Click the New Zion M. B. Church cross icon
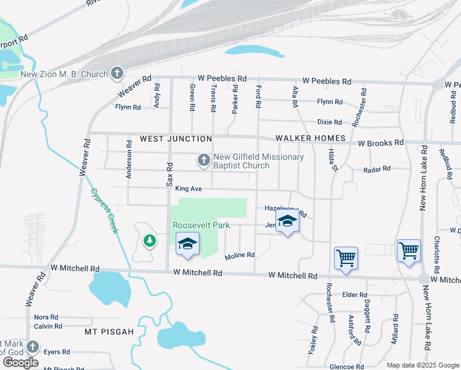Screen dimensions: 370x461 pos(116,74)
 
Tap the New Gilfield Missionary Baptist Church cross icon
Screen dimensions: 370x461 pos(203,160)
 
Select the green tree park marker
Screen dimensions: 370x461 pos(149,240)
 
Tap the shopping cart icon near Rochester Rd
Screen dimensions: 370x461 pos(346,258)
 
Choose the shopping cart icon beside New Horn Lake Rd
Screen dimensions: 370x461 pos(409,250)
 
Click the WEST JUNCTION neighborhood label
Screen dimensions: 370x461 pos(176,139)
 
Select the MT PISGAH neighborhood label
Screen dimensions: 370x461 pos(109,332)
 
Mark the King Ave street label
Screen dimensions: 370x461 pos(189,188)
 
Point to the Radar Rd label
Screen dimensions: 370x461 pos(377,169)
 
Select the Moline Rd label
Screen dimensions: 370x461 pos(240,255)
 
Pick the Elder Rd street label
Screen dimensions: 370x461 pos(354,295)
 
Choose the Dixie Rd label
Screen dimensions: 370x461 pos(330,122)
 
